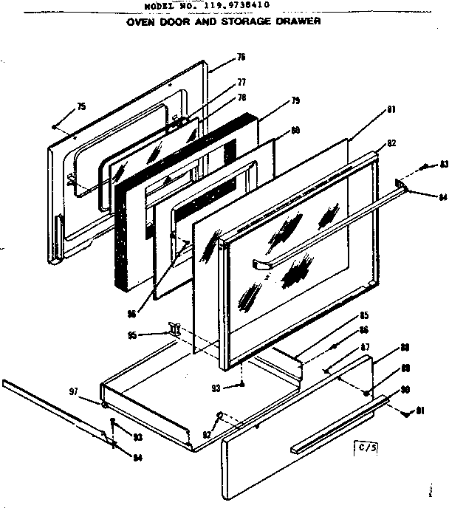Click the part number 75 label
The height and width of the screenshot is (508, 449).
(x=81, y=106)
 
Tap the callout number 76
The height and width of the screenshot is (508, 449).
(x=241, y=58)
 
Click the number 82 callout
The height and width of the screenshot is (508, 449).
(x=391, y=143)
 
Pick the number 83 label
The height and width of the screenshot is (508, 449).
(x=443, y=165)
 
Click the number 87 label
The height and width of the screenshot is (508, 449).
(x=365, y=347)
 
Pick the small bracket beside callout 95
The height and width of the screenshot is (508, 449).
(x=174, y=328)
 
